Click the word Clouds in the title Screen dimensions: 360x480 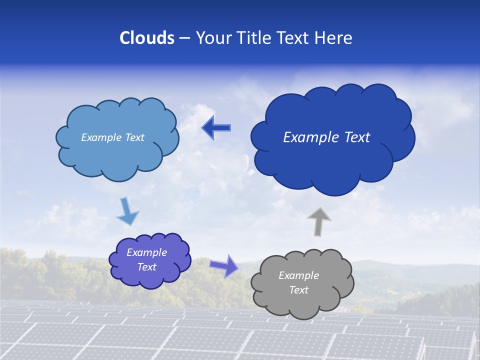pyautogui.click(x=147, y=38)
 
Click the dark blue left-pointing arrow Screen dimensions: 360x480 pyautogui.click(x=216, y=128)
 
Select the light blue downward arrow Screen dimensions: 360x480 pyautogui.click(x=127, y=211)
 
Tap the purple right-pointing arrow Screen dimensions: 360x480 pyautogui.click(x=224, y=265)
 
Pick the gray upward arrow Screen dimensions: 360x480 pyautogui.click(x=318, y=221)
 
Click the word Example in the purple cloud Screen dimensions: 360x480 pyautogui.click(x=147, y=252)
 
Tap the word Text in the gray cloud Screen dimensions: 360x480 pyautogui.click(x=298, y=290)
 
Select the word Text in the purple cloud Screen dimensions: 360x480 pyautogui.click(x=147, y=267)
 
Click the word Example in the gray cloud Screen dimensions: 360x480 pyautogui.click(x=298, y=275)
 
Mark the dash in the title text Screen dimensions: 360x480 pyautogui.click(x=184, y=38)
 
